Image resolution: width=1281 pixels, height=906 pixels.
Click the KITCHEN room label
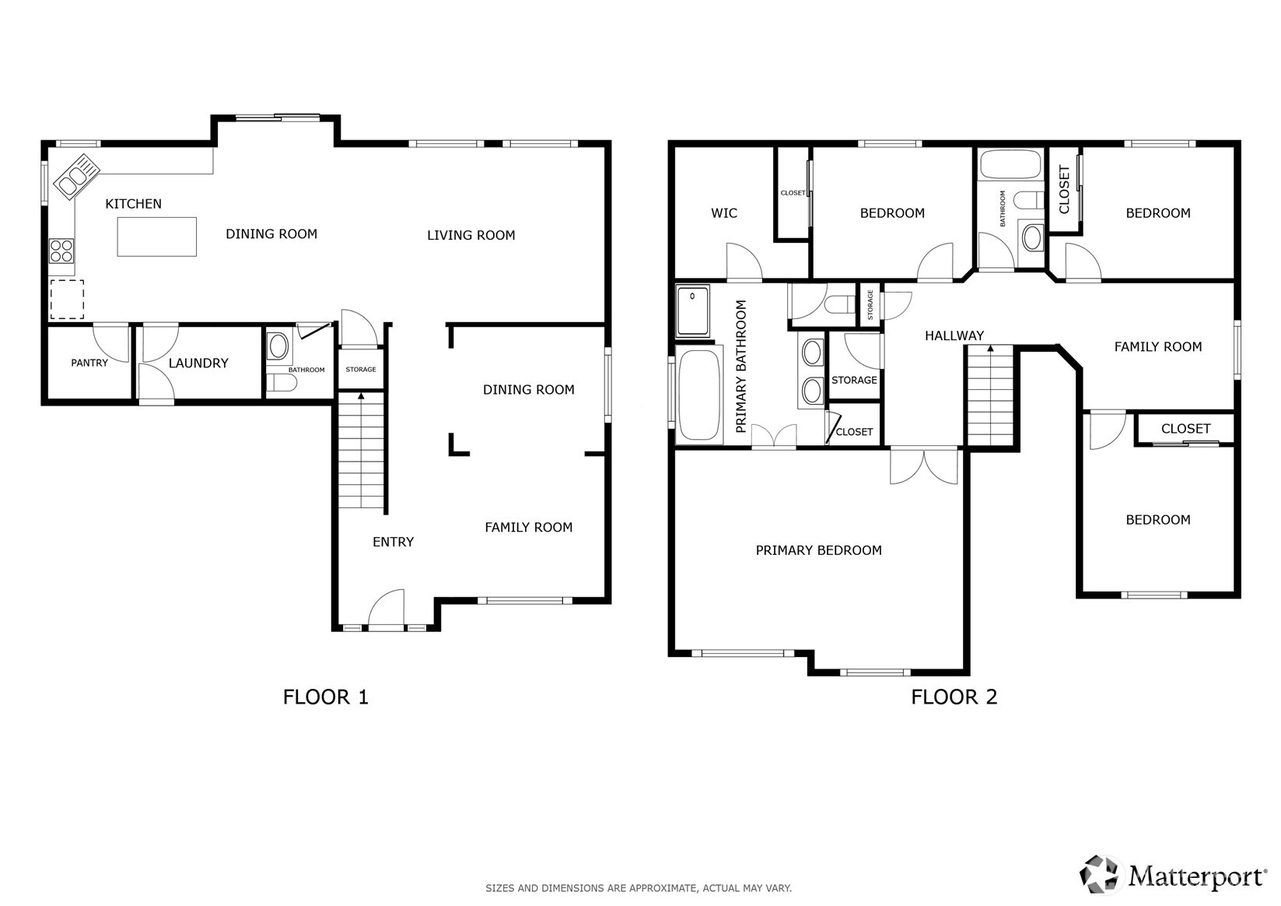tap(133, 204)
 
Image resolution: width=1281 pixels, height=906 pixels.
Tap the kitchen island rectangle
tap(156, 237)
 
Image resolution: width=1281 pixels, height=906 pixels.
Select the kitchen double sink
tap(77, 177)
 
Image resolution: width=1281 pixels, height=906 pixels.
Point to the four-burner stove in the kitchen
tap(61, 251)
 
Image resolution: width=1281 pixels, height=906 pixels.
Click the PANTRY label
tap(89, 363)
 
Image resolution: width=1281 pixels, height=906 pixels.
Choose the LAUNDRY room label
tap(198, 363)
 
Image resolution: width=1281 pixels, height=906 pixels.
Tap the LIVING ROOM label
tap(471, 235)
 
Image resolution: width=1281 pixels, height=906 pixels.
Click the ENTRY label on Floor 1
tap(394, 542)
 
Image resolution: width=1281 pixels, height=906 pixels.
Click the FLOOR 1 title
tap(326, 697)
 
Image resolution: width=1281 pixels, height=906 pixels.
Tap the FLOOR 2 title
tap(954, 697)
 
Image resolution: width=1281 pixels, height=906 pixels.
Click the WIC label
tap(724, 213)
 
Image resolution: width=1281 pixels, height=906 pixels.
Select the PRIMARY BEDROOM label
tap(819, 550)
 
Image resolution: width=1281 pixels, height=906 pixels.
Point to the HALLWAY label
tap(954, 336)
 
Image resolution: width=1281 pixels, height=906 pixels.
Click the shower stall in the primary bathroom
tap(692, 311)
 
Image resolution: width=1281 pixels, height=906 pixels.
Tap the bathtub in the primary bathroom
tap(698, 395)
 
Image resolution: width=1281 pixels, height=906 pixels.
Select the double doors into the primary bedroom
tap(924, 466)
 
